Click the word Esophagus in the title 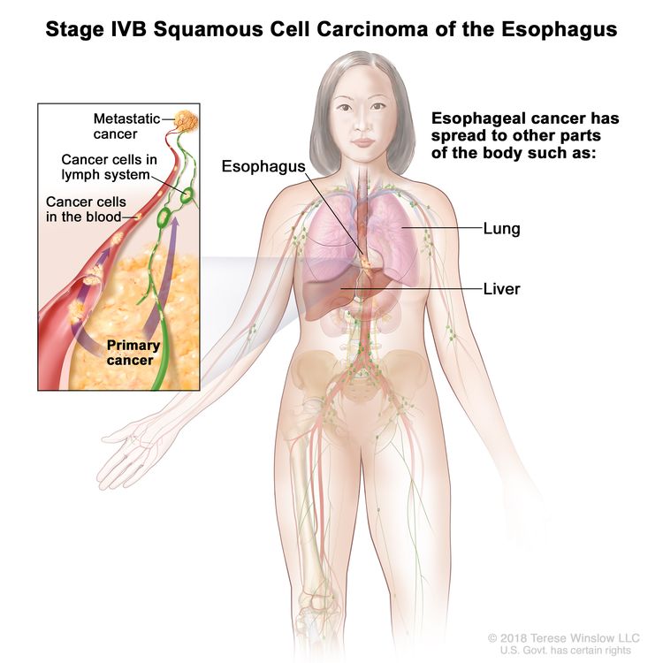coord(559,29)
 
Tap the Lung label coord(501,229)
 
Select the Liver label coord(501,289)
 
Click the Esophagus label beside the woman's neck coord(263,166)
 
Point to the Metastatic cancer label coord(126,126)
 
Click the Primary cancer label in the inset coord(133,352)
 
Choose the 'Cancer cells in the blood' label coord(86,210)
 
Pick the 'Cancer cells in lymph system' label coord(109,167)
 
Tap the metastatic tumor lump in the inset coord(186,121)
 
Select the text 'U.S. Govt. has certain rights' coord(566,650)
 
